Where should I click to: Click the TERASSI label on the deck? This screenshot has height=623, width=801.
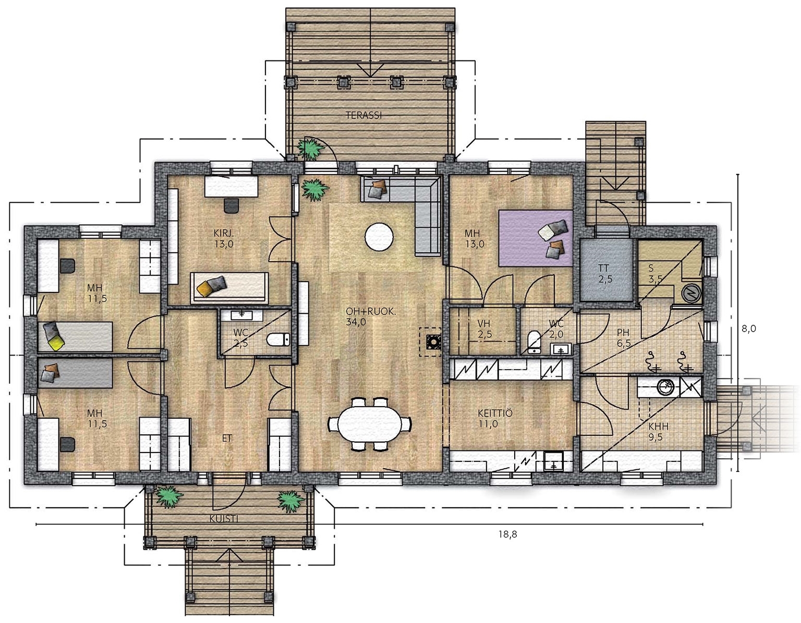tap(363, 115)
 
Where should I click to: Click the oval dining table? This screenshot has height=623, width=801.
tap(370, 423)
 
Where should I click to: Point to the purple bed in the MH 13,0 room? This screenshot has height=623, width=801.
tap(536, 238)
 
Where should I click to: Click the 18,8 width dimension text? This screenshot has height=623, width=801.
tap(507, 534)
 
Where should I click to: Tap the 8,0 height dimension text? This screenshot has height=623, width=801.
tap(749, 328)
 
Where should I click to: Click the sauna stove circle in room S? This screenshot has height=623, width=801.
tap(689, 294)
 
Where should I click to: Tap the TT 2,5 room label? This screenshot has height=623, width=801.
tap(605, 273)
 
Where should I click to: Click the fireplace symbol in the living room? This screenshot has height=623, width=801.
tap(430, 341)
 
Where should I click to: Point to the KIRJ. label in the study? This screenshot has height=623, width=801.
tap(224, 233)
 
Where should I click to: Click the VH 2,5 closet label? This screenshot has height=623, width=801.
tap(484, 329)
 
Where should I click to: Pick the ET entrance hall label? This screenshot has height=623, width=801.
tap(227, 438)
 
